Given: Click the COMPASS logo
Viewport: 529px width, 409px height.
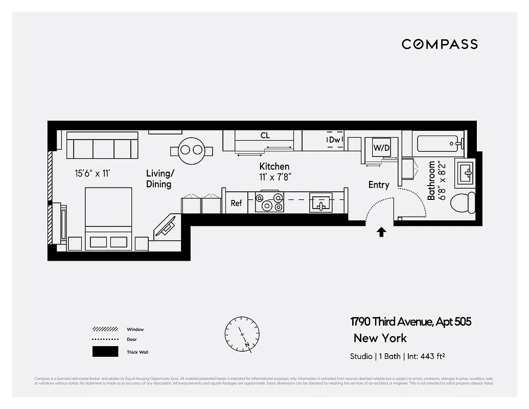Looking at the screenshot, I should coord(440,44).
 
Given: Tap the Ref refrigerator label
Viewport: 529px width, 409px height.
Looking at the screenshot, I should coord(236,203).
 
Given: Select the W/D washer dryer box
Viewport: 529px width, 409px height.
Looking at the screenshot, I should coord(381,148).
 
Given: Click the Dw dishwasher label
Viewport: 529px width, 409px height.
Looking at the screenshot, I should coord(335,140).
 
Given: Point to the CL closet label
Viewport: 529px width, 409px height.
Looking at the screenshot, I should coord(265,136).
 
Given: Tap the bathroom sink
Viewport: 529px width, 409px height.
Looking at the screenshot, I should coord(466,172).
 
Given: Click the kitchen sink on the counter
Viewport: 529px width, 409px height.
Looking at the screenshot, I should coord(320,203).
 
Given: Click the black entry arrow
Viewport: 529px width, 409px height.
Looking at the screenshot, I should coord(381,233).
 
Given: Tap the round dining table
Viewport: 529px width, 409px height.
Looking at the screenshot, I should coord(191,150).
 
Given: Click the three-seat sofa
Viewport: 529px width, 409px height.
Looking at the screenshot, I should coord(102,146).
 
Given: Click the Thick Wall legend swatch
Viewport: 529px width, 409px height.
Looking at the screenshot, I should coord(105,352).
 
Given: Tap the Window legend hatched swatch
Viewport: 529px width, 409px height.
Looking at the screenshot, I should coord(105,329).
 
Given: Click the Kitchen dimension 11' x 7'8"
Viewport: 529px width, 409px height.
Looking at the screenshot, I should coord(274,177).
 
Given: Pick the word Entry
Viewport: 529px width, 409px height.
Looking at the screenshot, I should coord(379,185).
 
